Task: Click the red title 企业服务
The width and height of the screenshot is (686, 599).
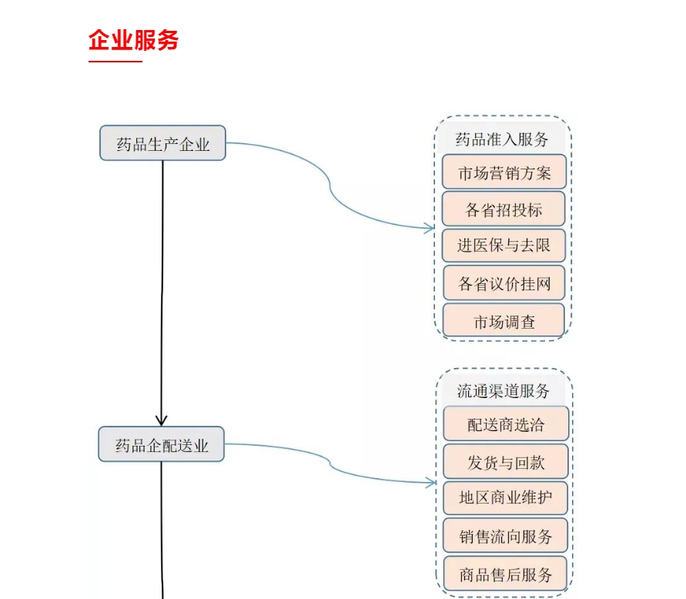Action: coord(133,40)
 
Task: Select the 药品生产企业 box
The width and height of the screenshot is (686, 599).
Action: coord(162,143)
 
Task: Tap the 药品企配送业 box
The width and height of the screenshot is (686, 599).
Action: coord(161,444)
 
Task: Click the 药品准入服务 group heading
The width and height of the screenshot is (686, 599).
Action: coord(502,139)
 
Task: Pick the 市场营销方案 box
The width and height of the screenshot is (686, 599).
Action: coord(504,172)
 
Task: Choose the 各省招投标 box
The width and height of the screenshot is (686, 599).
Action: coord(504,209)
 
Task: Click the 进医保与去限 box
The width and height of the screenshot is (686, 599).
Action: coord(504,246)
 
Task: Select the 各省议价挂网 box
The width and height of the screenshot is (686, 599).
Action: coord(504,283)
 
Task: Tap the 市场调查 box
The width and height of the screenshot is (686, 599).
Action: coord(504,321)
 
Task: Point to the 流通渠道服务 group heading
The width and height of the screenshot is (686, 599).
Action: coord(504,391)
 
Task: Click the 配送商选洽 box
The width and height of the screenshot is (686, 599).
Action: coord(505,424)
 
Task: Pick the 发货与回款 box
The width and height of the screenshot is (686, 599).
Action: coord(505,462)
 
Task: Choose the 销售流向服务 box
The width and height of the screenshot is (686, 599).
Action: coord(505,536)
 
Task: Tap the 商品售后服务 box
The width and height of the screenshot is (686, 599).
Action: coord(505,574)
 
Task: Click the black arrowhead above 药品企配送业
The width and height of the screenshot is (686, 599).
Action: coord(162,420)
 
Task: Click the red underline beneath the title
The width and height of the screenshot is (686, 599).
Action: coord(115,61)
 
